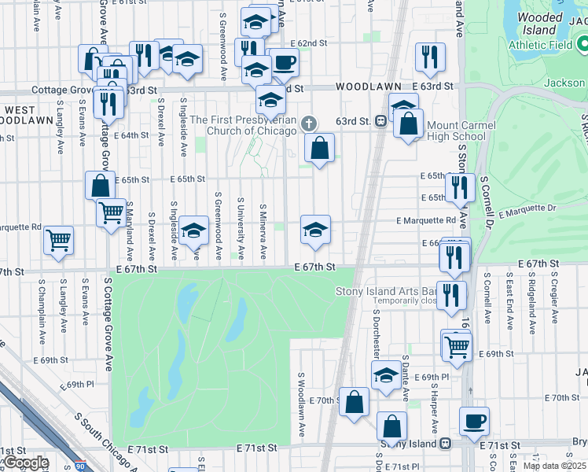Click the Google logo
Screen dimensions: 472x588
(x=26, y=463)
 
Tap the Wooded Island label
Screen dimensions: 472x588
(x=541, y=24)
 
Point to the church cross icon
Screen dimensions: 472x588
(x=310, y=124)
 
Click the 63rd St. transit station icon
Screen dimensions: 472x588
(x=380, y=121)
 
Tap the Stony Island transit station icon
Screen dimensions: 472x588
(x=445, y=444)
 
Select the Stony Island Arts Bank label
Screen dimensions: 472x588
(x=387, y=292)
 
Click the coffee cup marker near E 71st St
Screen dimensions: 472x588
(x=474, y=421)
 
